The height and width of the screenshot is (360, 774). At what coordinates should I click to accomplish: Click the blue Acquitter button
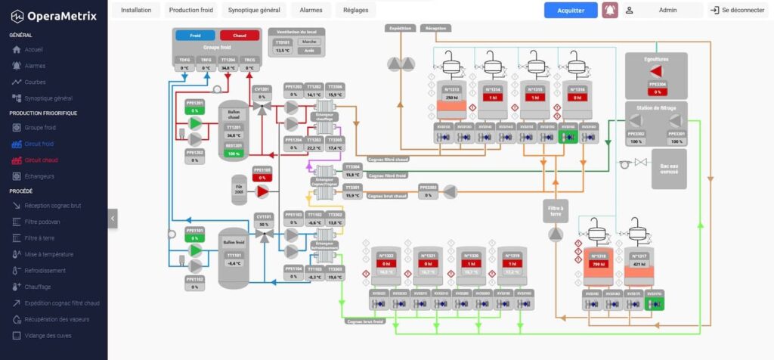571,10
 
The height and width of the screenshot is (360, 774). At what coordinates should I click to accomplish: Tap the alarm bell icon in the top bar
610,10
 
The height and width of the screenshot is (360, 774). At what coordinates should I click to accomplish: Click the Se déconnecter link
738,10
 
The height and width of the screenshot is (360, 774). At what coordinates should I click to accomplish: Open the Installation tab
136,10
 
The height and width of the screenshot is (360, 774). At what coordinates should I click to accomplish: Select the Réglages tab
356,10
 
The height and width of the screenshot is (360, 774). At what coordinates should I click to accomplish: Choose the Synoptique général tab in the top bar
255,10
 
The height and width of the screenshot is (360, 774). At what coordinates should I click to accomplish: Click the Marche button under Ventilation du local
305,42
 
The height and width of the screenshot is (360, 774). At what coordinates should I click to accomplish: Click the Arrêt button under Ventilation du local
305,51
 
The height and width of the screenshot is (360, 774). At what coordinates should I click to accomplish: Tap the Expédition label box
400,28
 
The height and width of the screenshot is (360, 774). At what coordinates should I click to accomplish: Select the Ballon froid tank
234,257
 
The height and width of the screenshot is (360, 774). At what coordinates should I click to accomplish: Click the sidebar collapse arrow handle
113,218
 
